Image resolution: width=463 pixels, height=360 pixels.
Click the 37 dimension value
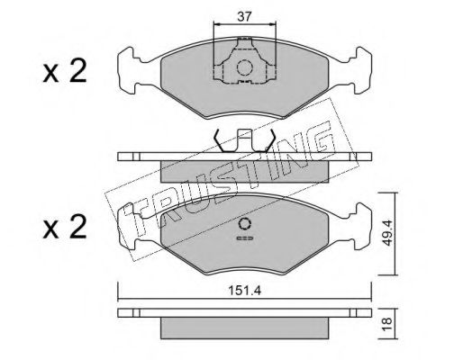[x=244, y=17]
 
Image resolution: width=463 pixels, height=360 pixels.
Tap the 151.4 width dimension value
[x=245, y=291]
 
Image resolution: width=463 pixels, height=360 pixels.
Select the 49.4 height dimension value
[x=387, y=233]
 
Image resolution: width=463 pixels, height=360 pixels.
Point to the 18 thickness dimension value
[x=387, y=321]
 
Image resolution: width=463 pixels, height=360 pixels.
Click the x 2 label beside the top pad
[x=65, y=71]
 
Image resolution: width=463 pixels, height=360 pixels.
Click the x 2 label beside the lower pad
[x=65, y=227]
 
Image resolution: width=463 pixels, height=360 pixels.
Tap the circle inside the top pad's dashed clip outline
[x=244, y=67]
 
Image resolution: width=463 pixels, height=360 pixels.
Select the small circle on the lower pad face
[x=245, y=224]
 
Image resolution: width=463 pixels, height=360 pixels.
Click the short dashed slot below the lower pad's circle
[x=245, y=238]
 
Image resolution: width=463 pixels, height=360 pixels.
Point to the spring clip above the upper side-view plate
[x=243, y=140]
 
